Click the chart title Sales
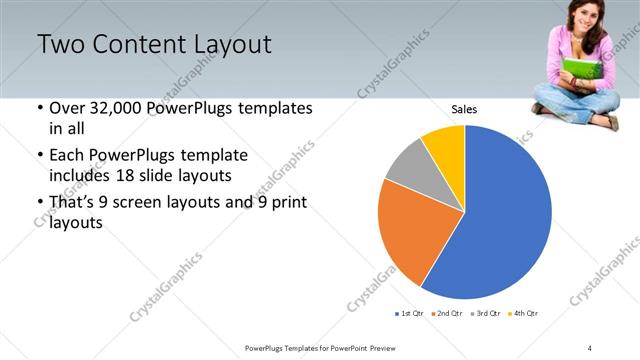[x=464, y=109]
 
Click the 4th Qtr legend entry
[x=524, y=314]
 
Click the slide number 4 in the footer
[x=590, y=347]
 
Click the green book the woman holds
[x=579, y=70]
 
